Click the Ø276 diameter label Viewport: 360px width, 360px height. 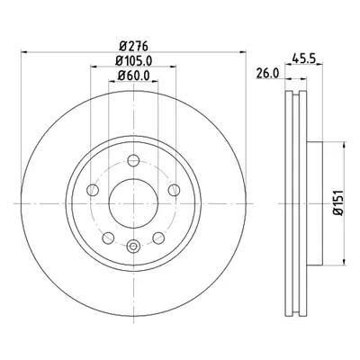tap(134, 46)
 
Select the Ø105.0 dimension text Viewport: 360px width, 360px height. tap(134, 61)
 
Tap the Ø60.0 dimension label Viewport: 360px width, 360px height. tap(134, 76)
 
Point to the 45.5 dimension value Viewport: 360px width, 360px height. tap(304, 58)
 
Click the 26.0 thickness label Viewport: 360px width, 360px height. tap(268, 73)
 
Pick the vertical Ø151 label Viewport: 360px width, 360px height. tap(338, 203)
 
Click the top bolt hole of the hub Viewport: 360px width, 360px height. tap(133, 160)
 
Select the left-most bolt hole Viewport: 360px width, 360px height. tap(93, 190)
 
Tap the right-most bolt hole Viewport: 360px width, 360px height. tap(175, 190)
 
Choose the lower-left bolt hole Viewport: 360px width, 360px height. tap(108, 238)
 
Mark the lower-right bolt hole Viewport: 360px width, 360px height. tap(158, 238)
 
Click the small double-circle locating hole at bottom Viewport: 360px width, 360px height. tap(133, 247)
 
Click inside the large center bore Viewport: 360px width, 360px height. tap(133, 203)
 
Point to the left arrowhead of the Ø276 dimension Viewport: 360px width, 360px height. tap(24, 52)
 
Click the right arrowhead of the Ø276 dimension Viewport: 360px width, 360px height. tap(242, 52)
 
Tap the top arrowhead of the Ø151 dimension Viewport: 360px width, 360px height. tap(345, 145)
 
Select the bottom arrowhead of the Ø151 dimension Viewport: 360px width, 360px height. tap(345, 261)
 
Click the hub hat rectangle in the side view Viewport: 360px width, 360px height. tap(315, 203)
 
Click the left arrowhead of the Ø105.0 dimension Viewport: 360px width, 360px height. tap(94, 67)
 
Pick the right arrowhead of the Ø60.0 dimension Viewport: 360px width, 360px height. tap(155, 81)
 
